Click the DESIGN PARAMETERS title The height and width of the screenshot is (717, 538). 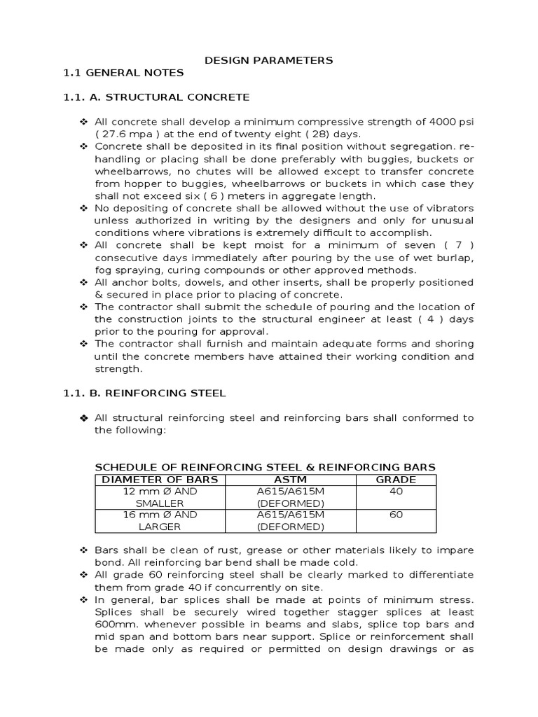point(268,60)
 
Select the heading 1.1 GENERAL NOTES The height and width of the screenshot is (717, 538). point(123,73)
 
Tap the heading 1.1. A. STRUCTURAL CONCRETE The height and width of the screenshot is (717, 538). point(156,97)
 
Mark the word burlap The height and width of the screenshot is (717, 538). point(456,258)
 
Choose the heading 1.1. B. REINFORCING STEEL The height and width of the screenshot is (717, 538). point(144,394)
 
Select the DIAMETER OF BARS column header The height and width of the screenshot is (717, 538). point(160,480)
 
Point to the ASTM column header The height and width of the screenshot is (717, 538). point(290,480)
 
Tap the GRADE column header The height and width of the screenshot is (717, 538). point(396,480)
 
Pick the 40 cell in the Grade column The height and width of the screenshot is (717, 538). point(396,492)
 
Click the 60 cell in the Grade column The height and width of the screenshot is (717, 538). point(396,515)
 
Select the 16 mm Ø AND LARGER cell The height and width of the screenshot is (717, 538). point(160,520)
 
